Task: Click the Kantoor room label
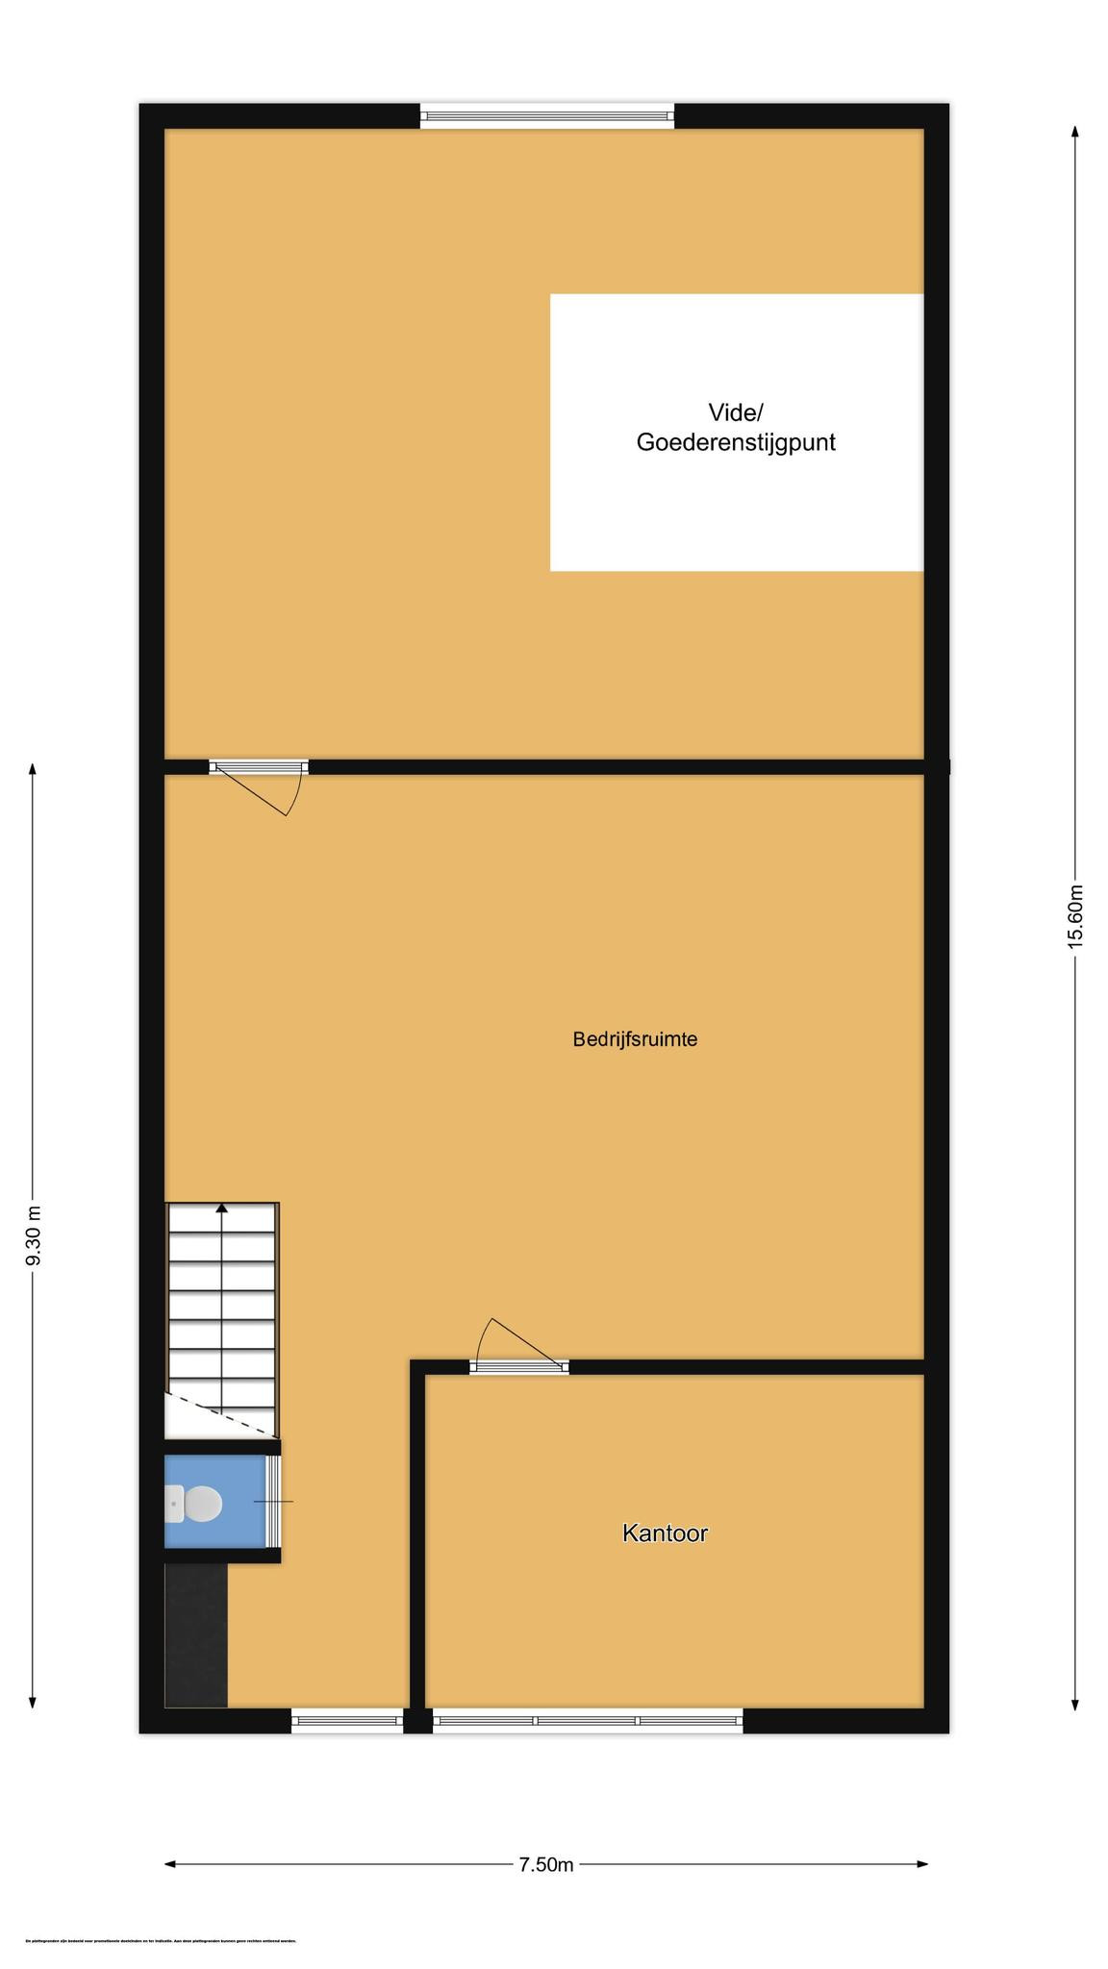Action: [x=665, y=1533]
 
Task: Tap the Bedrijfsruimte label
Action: [x=635, y=1039]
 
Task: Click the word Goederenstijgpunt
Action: [x=736, y=442]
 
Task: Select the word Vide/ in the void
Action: [x=736, y=412]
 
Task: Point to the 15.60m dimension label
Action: [x=1075, y=916]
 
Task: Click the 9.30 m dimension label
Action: [x=33, y=1236]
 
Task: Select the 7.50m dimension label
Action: [x=546, y=1864]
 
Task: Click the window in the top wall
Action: [x=547, y=116]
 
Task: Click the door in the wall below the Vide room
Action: [x=258, y=767]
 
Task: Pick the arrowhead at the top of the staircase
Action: [x=222, y=1208]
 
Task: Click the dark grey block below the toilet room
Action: [x=196, y=1634]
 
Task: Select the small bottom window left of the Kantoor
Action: [x=346, y=1720]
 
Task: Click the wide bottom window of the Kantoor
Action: [x=588, y=1720]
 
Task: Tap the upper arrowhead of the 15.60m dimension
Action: [x=1074, y=132]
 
